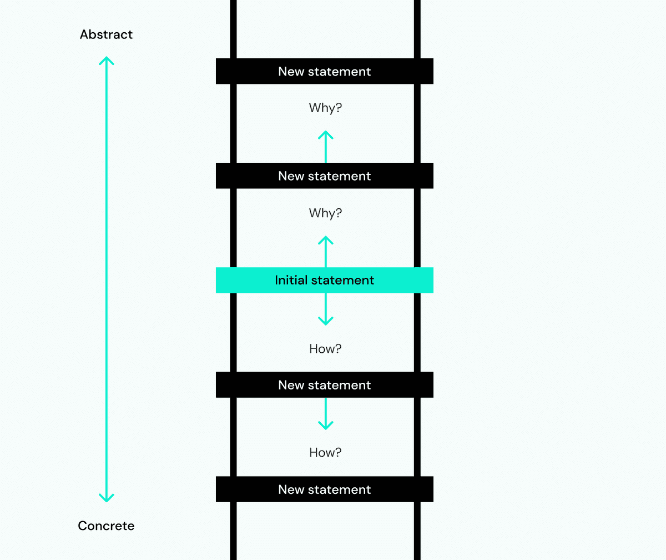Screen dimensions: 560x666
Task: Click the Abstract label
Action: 106,34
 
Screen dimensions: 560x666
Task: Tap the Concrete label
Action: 106,526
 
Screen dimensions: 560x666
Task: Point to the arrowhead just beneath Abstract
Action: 106,60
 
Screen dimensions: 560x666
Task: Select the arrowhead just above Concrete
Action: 106,498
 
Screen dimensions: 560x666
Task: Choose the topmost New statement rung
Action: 325,71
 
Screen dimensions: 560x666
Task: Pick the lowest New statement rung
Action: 325,489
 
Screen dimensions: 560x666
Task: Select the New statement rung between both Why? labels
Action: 325,176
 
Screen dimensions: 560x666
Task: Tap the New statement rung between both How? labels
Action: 325,385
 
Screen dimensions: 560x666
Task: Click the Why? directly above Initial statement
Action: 325,213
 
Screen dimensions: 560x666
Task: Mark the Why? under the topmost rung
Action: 325,108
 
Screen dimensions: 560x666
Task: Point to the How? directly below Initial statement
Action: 325,349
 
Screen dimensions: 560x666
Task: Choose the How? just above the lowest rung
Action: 325,453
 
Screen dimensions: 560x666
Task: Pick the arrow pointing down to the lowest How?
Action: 325,414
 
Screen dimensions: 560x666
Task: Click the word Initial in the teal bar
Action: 291,280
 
